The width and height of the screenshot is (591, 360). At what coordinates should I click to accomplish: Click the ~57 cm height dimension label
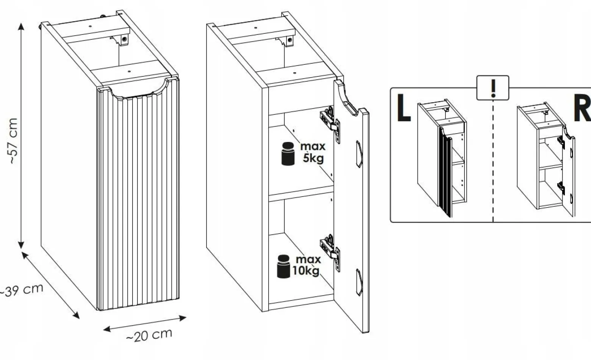pyautogui.click(x=13, y=141)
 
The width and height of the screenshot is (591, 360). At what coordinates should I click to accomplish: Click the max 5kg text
pyautogui.click(x=313, y=152)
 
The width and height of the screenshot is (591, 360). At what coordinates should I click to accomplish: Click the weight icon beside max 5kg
pyautogui.click(x=288, y=154)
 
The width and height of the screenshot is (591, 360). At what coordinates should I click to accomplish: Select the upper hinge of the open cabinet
pyautogui.click(x=330, y=124)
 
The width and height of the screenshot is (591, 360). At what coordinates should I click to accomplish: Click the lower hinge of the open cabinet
pyautogui.click(x=330, y=252)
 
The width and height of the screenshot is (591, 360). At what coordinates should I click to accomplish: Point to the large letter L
pyautogui.click(x=404, y=108)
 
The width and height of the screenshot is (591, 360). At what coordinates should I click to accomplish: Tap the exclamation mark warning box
pyautogui.click(x=492, y=88)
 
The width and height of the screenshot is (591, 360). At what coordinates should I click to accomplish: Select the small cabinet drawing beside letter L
pyautogui.click(x=442, y=158)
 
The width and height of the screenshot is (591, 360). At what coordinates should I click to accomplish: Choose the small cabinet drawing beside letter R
pyautogui.click(x=546, y=159)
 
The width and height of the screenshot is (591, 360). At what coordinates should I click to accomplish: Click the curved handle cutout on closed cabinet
pyautogui.click(x=140, y=90)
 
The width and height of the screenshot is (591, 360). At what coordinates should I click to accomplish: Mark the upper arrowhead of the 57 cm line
pyautogui.click(x=21, y=26)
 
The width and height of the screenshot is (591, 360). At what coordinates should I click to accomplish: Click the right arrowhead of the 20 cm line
pyautogui.click(x=183, y=318)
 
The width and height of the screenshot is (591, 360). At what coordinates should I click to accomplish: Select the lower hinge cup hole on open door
pyautogui.click(x=359, y=282)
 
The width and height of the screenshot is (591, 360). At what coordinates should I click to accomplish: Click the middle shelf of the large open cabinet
pyautogui.click(x=301, y=194)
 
